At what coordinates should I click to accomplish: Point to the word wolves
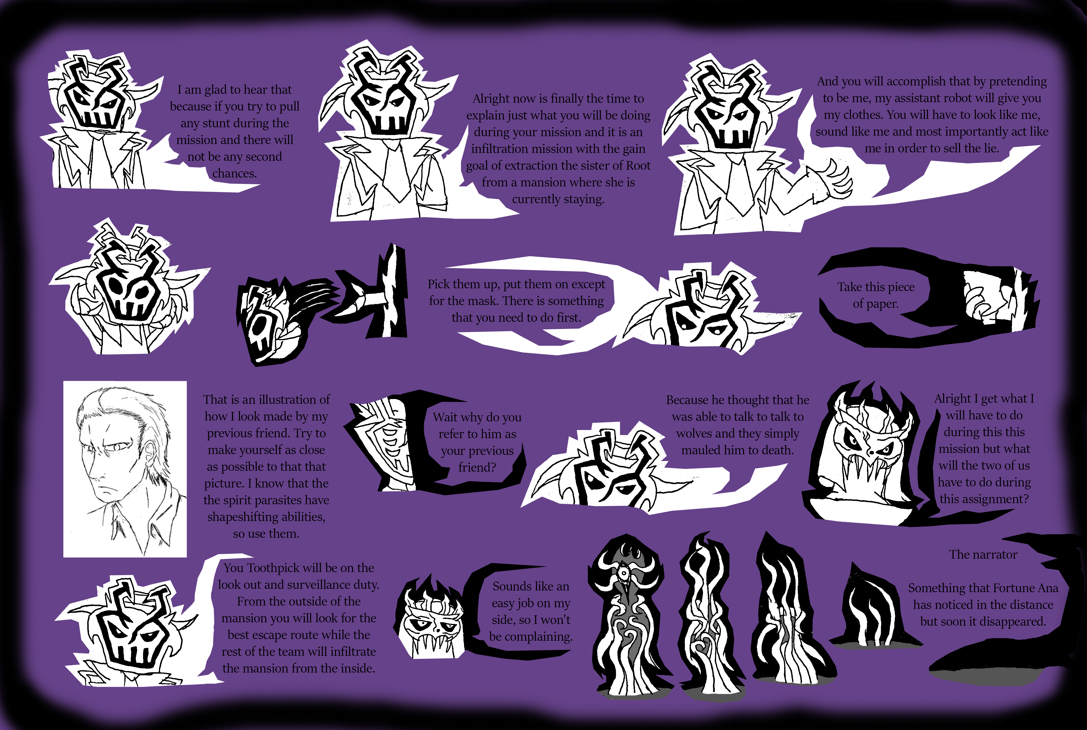coord(694,433)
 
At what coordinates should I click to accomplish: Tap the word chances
coord(235,174)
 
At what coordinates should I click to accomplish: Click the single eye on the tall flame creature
coord(623,572)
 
